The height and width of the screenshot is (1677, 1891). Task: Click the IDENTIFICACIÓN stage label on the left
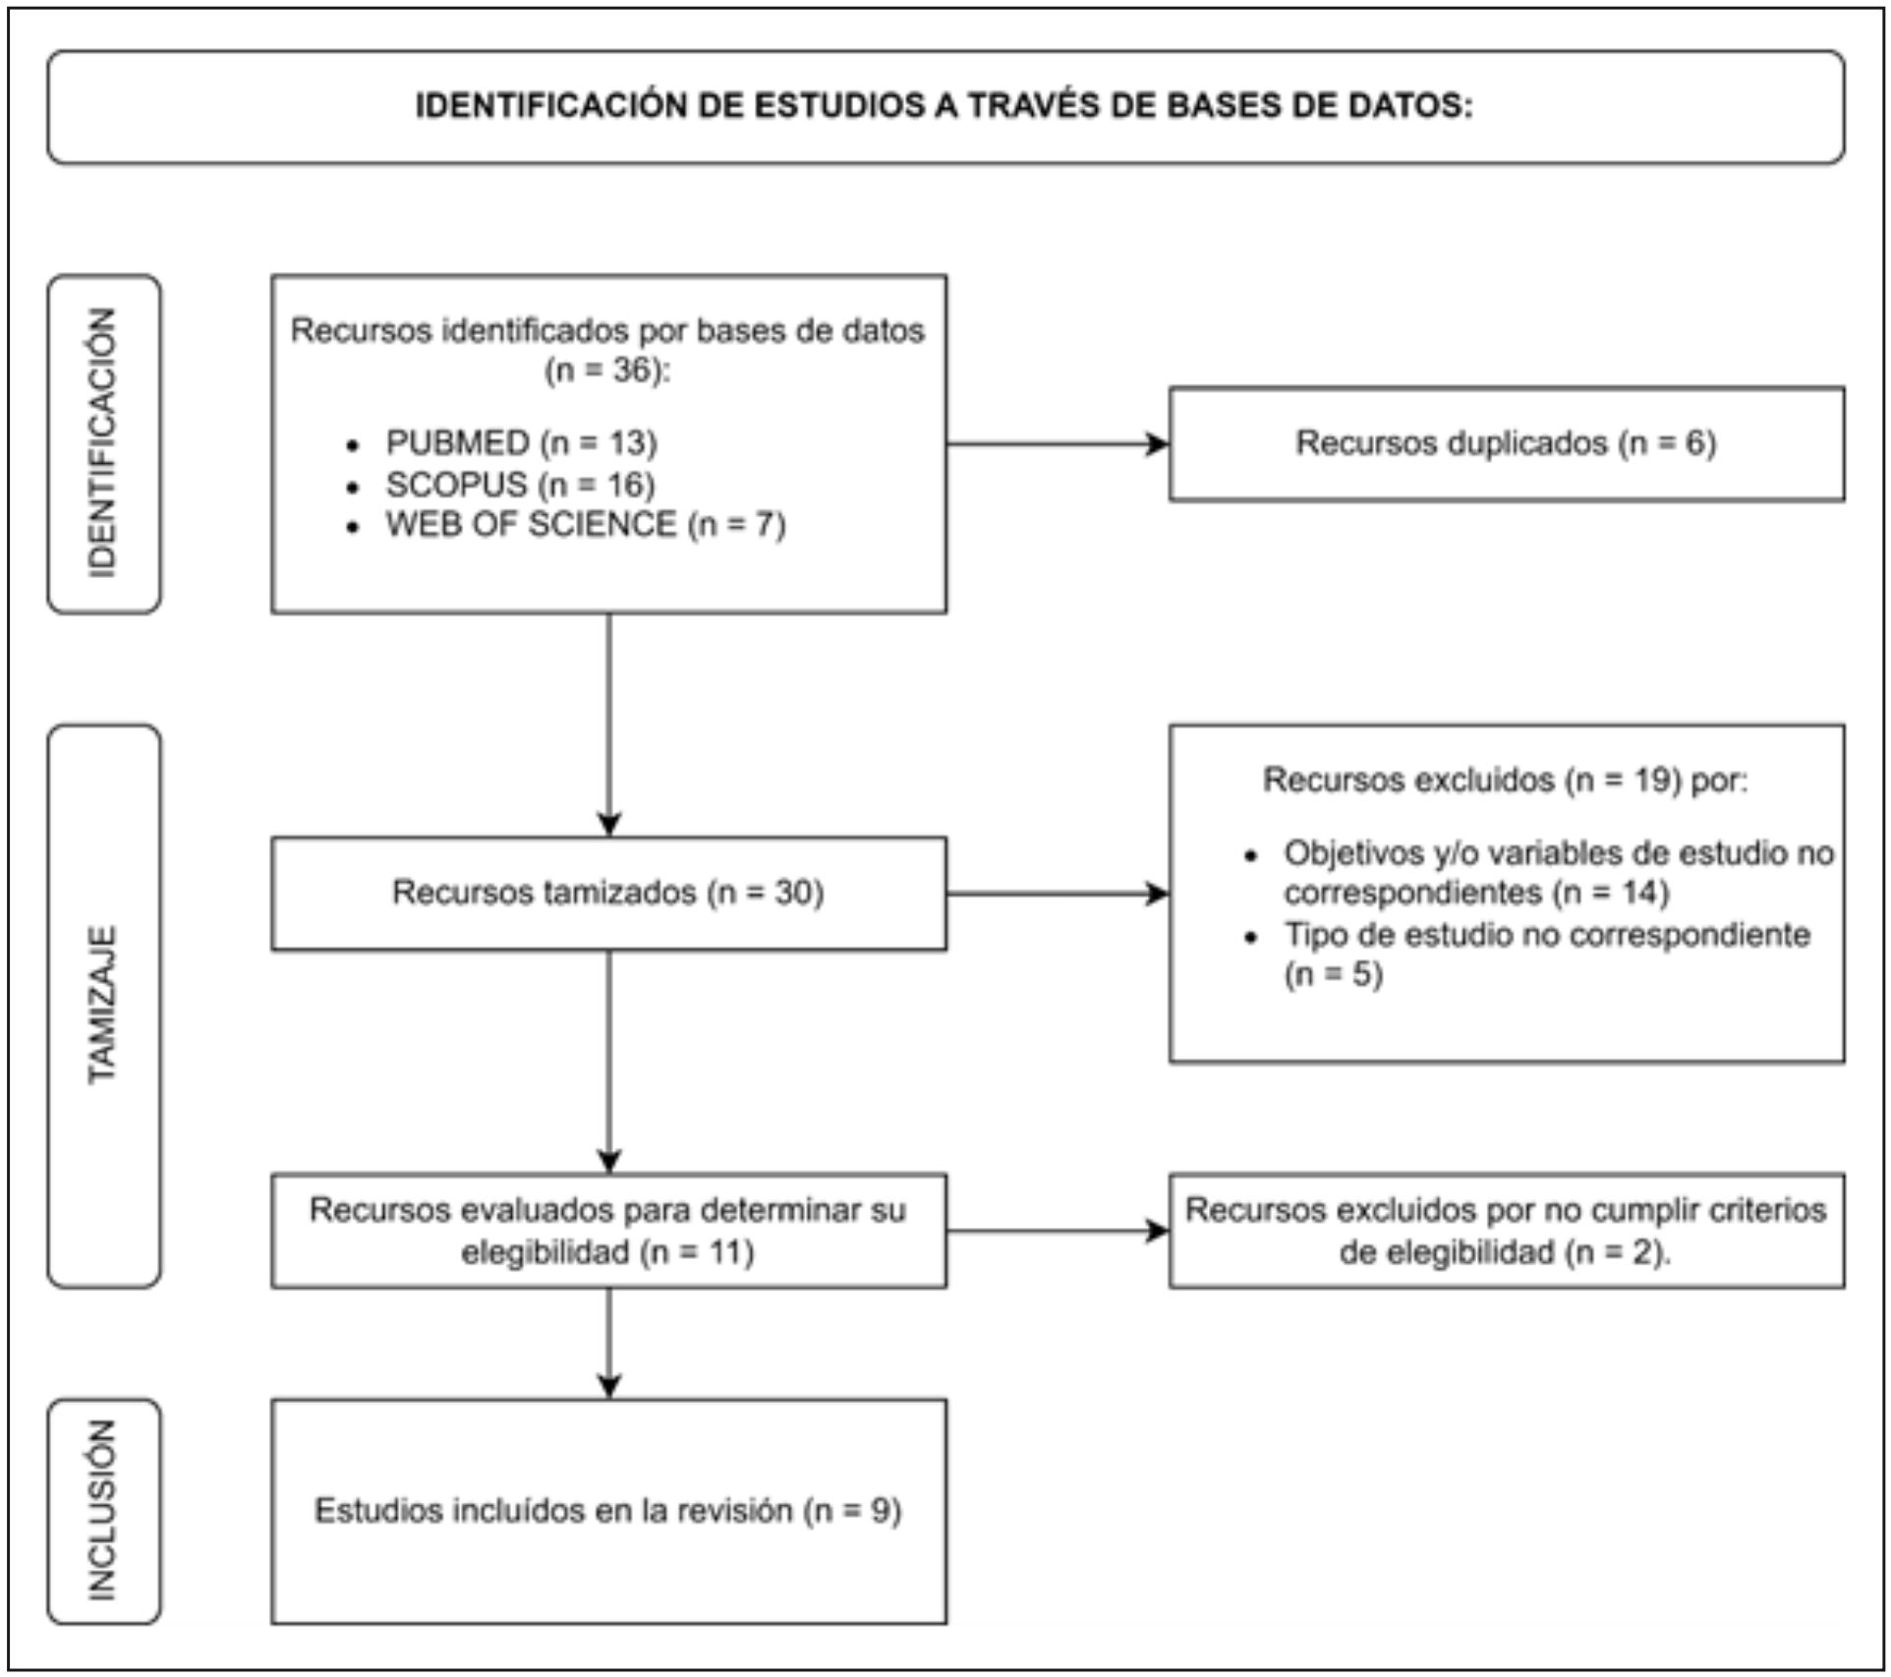click(x=103, y=443)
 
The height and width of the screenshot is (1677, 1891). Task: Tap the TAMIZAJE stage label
click(x=103, y=1005)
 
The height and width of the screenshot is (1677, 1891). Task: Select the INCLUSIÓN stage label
click(x=103, y=1511)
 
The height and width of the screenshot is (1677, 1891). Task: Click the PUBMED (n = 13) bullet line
click(x=520, y=443)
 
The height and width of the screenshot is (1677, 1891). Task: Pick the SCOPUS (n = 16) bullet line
click(x=519, y=485)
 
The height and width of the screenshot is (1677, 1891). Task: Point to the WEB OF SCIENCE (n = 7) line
click(x=585, y=525)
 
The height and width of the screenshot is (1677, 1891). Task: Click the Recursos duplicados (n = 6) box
click(x=1506, y=443)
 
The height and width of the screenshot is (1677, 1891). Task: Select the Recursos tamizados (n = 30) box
click(x=608, y=893)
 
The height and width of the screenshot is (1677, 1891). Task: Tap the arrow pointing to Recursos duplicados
click(x=1057, y=444)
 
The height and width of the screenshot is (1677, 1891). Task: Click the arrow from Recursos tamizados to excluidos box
click(x=1057, y=894)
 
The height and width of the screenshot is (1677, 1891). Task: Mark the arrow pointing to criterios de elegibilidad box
click(x=1057, y=1231)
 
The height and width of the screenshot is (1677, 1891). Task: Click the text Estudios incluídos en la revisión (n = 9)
click(x=608, y=1511)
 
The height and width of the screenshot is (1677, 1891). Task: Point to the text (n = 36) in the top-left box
click(x=607, y=371)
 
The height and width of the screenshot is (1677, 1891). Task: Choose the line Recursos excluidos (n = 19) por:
click(x=1505, y=781)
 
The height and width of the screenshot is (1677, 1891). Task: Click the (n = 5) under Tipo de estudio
click(x=1333, y=975)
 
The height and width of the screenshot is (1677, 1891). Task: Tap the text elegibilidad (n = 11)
click(x=607, y=1252)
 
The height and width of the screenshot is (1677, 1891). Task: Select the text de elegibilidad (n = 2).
click(x=1505, y=1252)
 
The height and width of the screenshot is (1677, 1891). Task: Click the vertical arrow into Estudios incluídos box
click(x=608, y=1342)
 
